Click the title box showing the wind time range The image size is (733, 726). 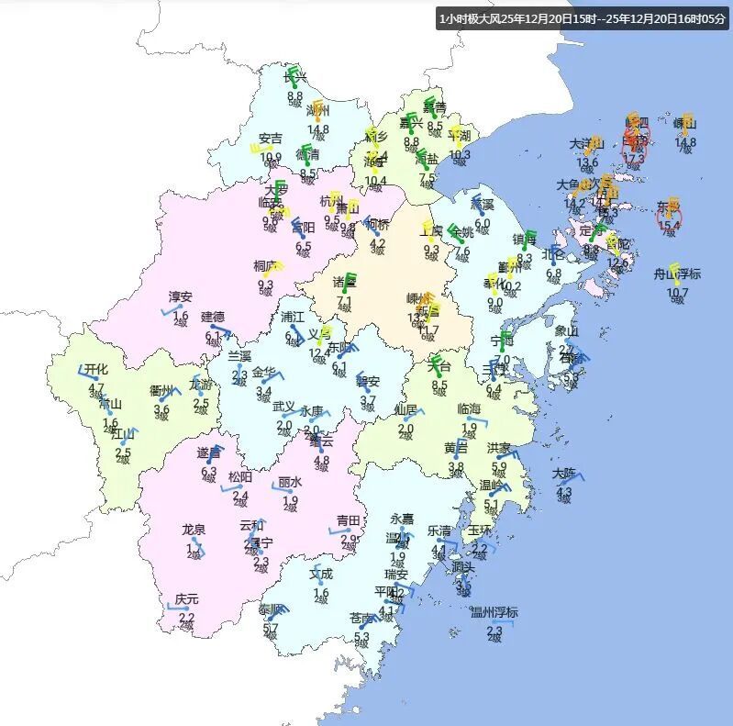coord(583,19)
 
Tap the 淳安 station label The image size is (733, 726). coord(180,296)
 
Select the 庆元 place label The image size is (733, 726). coord(187,599)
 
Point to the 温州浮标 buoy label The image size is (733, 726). coord(494,613)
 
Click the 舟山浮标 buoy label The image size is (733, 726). coord(677,274)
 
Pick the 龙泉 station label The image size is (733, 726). coord(194,530)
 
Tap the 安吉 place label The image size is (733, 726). coord(271,140)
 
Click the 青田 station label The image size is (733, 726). coord(349,520)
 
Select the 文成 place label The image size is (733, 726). coord(321,575)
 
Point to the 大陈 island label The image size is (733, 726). coord(564,474)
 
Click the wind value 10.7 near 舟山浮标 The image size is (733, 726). coord(677,293)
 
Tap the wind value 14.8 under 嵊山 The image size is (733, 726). coord(685,142)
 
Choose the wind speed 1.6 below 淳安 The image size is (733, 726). coord(181,316)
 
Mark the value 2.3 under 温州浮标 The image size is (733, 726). coord(494,630)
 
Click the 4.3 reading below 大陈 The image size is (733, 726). coord(564,492)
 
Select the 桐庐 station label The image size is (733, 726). coord(266,266)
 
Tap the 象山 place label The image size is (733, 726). coord(567,331)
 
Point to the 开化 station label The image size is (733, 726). coord(95,369)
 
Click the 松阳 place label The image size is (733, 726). coord(240,477)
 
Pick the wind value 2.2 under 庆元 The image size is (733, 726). coord(186,617)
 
